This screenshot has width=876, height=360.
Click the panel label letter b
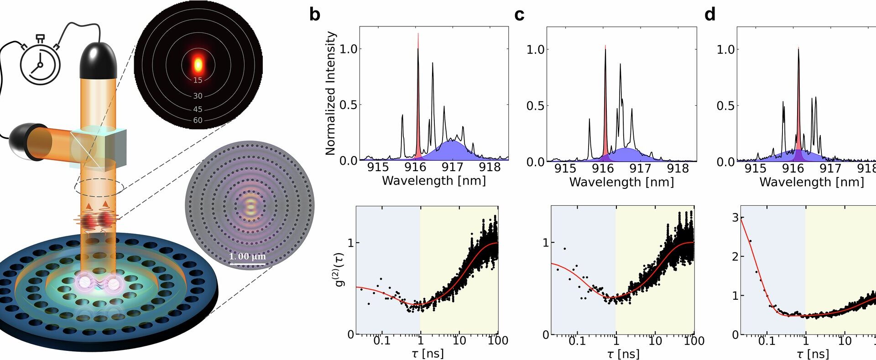click(x=314, y=14)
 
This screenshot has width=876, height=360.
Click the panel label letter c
click(x=519, y=15)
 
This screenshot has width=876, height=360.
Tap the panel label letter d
click(x=709, y=15)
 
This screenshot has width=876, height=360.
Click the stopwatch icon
click(x=40, y=64)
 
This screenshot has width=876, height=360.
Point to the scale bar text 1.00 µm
click(x=247, y=256)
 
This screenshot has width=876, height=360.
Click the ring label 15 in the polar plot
click(x=198, y=80)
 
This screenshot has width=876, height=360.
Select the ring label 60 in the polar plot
click(x=198, y=120)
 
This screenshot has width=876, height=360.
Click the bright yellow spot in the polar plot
click(x=198, y=65)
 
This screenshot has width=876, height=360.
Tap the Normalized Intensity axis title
click(x=330, y=94)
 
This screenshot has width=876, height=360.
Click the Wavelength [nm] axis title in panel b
click(x=433, y=181)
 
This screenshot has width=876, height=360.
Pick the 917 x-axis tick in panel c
click(x=640, y=168)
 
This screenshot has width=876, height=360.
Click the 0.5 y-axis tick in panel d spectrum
click(x=725, y=106)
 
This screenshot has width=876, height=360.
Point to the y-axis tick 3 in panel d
click(x=735, y=218)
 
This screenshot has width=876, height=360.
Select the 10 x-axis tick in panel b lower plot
click(x=459, y=340)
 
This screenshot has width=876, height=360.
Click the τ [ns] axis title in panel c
click(x=623, y=354)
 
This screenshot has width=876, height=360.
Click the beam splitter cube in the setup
click(x=99, y=148)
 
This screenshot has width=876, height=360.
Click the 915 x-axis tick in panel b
click(x=378, y=167)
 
